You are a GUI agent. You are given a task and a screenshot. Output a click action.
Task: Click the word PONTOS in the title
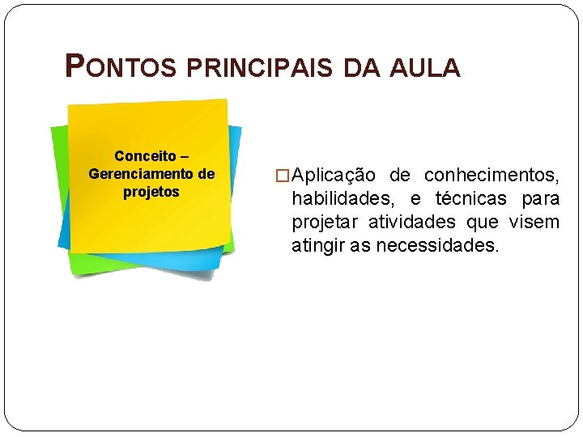120,67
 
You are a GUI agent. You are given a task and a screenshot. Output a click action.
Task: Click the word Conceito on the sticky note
140,155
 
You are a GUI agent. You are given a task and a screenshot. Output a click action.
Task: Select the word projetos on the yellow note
151,193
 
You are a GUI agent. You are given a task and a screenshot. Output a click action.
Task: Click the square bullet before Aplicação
282,176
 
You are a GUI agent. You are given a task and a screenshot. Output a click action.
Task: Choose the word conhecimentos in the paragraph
492,176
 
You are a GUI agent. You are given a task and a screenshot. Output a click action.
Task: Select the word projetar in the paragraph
326,223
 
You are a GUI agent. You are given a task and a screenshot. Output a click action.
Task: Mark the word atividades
413,222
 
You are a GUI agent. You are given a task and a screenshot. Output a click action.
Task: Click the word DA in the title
357,69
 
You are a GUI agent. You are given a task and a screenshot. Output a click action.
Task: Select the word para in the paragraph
538,198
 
